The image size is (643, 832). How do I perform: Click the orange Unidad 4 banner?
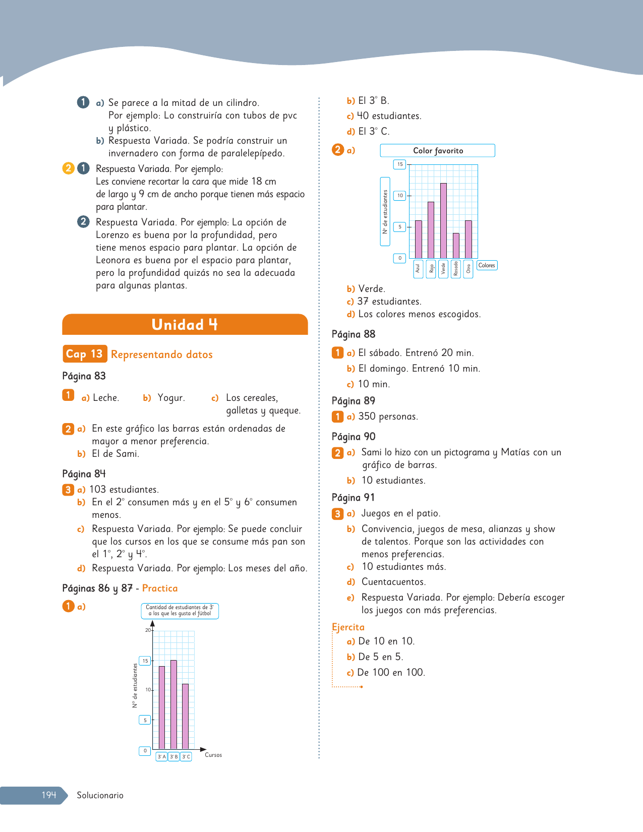tap(185, 324)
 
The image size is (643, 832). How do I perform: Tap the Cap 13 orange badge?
tap(84, 354)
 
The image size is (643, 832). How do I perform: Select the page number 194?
tap(48, 795)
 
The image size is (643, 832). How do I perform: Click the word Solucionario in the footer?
tap(100, 795)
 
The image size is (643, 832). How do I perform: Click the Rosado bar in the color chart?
tap(456, 246)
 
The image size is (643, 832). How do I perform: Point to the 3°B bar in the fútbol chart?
tap(173, 704)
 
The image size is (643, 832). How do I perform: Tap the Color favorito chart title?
tap(438, 151)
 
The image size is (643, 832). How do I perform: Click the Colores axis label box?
tap(487, 265)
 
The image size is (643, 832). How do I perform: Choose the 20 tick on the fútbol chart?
tap(148, 630)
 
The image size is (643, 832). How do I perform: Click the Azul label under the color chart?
tap(418, 269)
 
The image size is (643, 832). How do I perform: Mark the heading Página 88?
tap(354, 334)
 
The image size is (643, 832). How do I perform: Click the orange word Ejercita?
tap(348, 627)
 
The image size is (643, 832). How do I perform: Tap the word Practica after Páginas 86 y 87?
tap(160, 588)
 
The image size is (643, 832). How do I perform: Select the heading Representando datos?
tap(162, 354)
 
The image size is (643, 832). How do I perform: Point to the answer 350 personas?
tap(388, 417)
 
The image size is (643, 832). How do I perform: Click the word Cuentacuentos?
tap(393, 582)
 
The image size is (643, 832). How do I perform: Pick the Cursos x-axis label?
tap(213, 755)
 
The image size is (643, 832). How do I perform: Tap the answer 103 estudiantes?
tap(124, 490)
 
